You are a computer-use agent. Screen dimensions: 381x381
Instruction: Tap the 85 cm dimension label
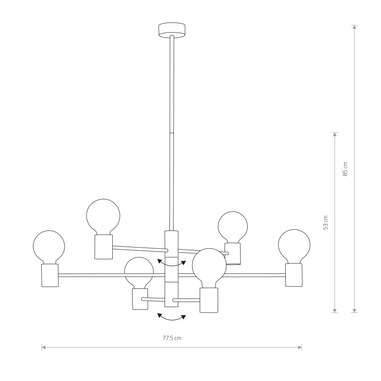click(345, 169)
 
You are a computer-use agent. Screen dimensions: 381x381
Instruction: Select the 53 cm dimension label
click(325, 223)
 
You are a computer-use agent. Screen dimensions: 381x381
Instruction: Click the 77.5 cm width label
click(172, 338)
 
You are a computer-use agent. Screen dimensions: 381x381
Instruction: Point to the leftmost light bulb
click(49, 247)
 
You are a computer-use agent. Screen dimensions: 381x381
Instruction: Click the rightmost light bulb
click(294, 245)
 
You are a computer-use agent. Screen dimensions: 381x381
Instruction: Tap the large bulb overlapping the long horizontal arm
click(209, 265)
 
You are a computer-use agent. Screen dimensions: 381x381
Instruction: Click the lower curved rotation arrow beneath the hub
click(172, 317)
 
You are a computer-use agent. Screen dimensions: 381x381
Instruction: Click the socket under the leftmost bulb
click(50, 275)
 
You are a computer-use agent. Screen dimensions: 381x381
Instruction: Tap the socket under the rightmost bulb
click(294, 275)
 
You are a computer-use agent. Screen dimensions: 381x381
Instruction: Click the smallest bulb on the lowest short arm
click(139, 272)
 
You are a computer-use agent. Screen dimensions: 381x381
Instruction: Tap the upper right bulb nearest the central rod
click(233, 226)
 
